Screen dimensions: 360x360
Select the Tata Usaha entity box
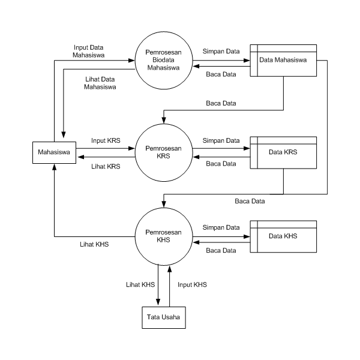[x=164, y=317]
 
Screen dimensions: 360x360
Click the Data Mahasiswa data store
[x=283, y=60]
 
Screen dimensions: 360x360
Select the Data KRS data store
[x=283, y=152]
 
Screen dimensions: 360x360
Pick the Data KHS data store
[x=283, y=236]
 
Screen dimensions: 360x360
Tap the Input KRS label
[x=106, y=140]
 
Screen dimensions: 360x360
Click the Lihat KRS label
[x=106, y=166]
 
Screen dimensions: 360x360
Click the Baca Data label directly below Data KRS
[x=250, y=201]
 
